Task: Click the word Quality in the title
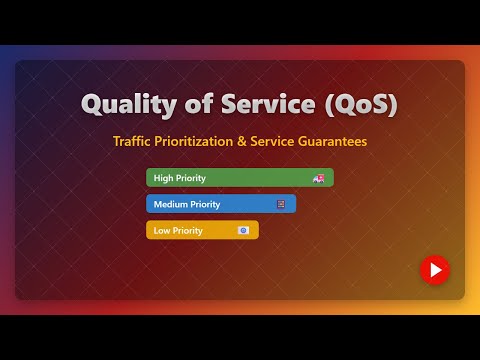pyautogui.click(x=126, y=104)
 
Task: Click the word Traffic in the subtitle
pyautogui.click(x=133, y=142)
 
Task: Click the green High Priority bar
pyautogui.click(x=239, y=178)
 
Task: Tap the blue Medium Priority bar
pyautogui.click(x=220, y=204)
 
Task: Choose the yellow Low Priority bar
pyautogui.click(x=201, y=230)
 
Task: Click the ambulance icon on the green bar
pyautogui.click(x=319, y=178)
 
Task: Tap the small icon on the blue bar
pyautogui.click(x=281, y=204)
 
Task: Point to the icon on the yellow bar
pyautogui.click(x=243, y=230)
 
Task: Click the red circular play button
pyautogui.click(x=434, y=269)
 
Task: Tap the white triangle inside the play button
pyautogui.click(x=435, y=269)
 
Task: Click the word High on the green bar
pyautogui.click(x=163, y=178)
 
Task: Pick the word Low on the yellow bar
pyautogui.click(x=161, y=230)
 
